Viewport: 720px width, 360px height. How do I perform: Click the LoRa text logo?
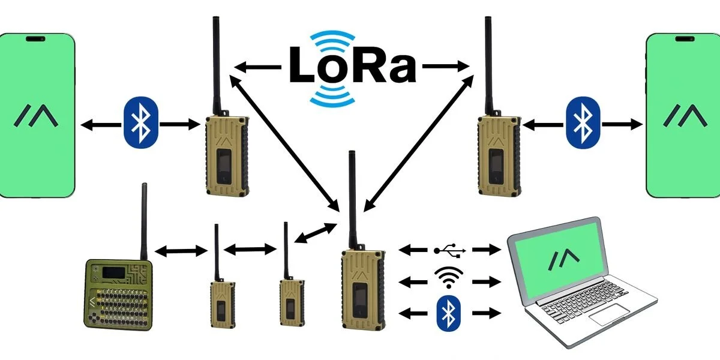tap(353, 64)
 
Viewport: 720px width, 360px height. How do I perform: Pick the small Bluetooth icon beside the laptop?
tap(448, 312)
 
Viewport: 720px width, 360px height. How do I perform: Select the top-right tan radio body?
tap(497, 155)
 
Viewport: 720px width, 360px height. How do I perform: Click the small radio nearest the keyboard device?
tap(218, 304)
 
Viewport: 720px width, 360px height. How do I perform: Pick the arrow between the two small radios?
tap(247, 248)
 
